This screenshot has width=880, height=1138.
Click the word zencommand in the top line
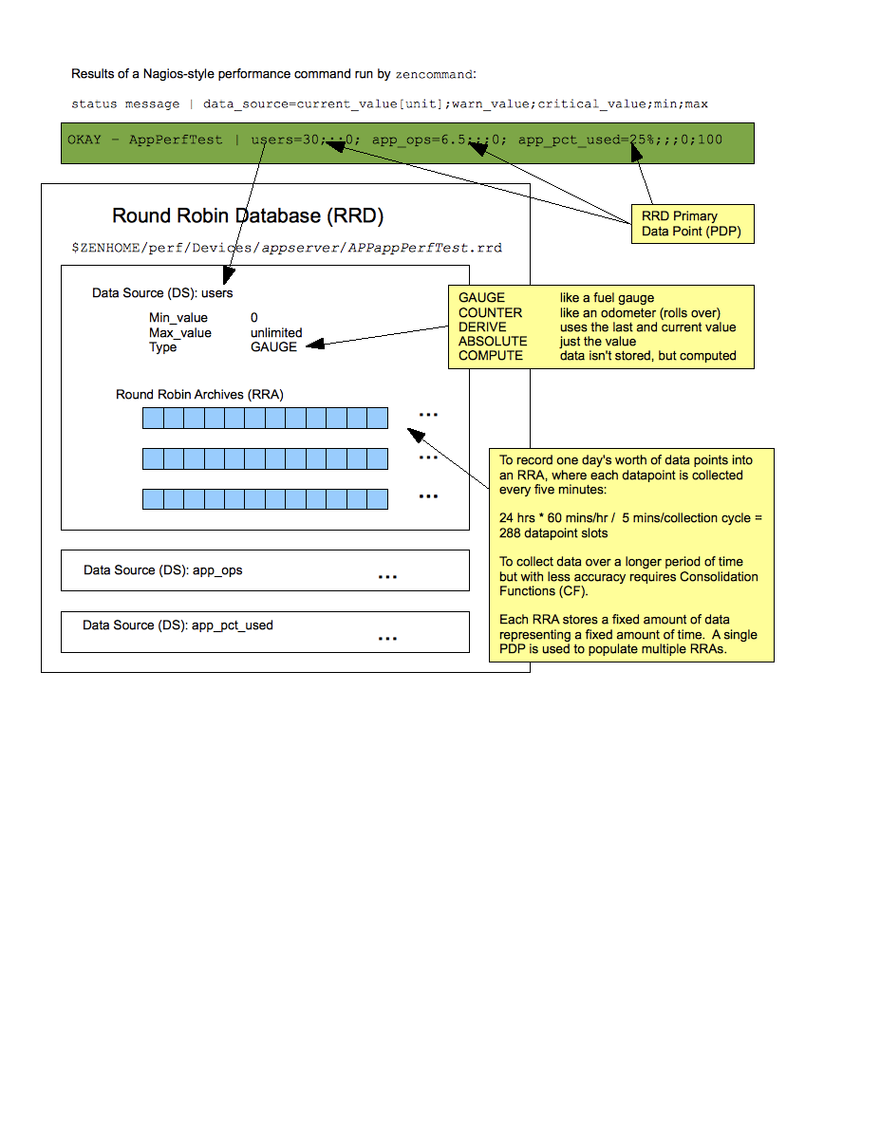pos(434,74)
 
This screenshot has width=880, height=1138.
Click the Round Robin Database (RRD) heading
pos(248,216)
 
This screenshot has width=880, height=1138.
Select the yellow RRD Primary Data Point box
pos(692,224)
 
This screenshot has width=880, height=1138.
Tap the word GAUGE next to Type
pos(273,347)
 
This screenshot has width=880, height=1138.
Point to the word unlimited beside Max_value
pos(276,333)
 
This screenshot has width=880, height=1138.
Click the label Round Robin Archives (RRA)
pos(199,394)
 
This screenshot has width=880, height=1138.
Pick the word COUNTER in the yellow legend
pos(490,312)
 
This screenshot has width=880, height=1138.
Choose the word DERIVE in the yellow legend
pos(482,326)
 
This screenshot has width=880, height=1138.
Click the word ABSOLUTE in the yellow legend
pos(493,341)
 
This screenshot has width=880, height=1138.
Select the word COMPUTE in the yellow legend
pos(491,355)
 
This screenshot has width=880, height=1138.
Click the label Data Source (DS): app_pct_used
pos(178,625)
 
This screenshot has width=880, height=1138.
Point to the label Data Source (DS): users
pos(162,293)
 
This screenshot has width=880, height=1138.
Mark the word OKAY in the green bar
pos(84,140)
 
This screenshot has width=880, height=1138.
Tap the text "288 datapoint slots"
pos(553,532)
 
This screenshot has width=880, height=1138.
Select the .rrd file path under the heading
pos(287,248)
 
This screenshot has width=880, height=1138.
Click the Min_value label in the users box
pos(178,318)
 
